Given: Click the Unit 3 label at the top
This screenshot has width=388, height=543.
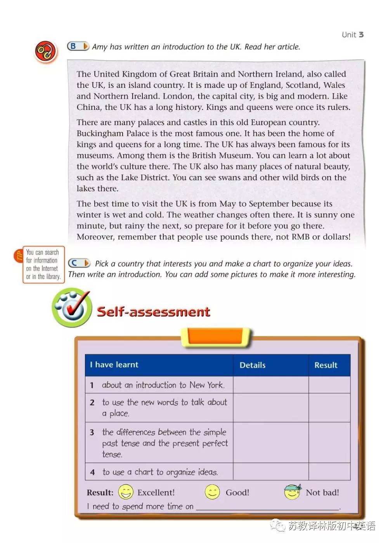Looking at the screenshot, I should pyautogui.click(x=352, y=35).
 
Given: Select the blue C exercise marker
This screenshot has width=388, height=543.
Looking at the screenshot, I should pyautogui.click(x=79, y=263).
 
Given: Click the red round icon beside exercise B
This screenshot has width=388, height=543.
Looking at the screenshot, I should pyautogui.click(x=46, y=52).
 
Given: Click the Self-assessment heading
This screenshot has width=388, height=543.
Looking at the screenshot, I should pyautogui.click(x=153, y=311).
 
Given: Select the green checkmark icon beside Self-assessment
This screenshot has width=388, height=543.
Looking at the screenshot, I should pyautogui.click(x=72, y=308).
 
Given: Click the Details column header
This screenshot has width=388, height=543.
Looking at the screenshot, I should pyautogui.click(x=253, y=365).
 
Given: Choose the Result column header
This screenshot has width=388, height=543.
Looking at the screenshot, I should pyautogui.click(x=326, y=365).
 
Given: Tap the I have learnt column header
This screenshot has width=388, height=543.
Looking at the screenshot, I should pyautogui.click(x=114, y=365).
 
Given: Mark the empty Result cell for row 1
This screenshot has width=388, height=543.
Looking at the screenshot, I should pyautogui.click(x=329, y=385).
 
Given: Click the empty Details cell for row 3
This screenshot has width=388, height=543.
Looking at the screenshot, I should pyautogui.click(x=271, y=443).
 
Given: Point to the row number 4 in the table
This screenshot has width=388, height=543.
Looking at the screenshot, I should pyautogui.click(x=92, y=472).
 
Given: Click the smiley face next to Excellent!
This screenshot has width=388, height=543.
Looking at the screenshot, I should pyautogui.click(x=126, y=492).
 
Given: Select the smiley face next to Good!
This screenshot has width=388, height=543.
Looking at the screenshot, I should pyautogui.click(x=212, y=492).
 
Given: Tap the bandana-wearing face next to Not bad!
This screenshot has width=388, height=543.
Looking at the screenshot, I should pyautogui.click(x=292, y=492).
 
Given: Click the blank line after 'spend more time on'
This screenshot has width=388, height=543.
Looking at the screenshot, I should pyautogui.click(x=268, y=507).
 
